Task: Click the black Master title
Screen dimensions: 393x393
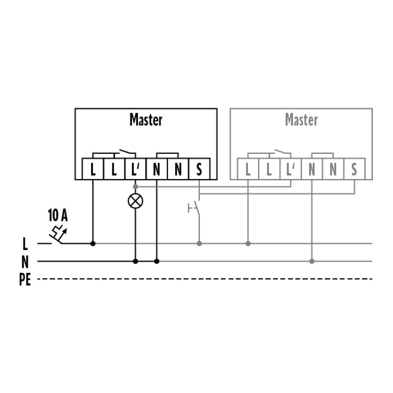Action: pyautogui.click(x=146, y=120)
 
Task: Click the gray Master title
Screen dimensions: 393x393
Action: pyautogui.click(x=301, y=120)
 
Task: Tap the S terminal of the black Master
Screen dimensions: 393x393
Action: pyautogui.click(x=199, y=169)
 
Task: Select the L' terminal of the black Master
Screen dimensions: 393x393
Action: pyautogui.click(x=135, y=169)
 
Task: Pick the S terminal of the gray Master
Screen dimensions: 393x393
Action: pyautogui.click(x=354, y=169)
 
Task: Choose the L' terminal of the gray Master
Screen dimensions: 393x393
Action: pyautogui.click(x=290, y=169)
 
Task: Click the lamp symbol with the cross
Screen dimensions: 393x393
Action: pyautogui.click(x=135, y=201)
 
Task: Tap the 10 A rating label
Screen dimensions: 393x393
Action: pyautogui.click(x=58, y=215)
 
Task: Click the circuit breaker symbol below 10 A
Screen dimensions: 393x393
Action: pyautogui.click(x=58, y=235)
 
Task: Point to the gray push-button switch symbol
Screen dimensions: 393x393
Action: pyautogui.click(x=195, y=208)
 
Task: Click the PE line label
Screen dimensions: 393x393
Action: pyautogui.click(x=25, y=279)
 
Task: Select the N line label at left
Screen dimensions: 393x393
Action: pyautogui.click(x=25, y=262)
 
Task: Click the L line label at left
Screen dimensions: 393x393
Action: pyautogui.click(x=25, y=244)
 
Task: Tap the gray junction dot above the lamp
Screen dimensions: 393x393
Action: pyautogui.click(x=135, y=187)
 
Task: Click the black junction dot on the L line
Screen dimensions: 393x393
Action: pyautogui.click(x=93, y=243)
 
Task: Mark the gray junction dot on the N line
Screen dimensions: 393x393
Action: pyautogui.click(x=312, y=261)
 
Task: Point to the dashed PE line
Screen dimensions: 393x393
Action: pyautogui.click(x=205, y=279)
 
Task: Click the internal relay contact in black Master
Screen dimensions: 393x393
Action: pyautogui.click(x=125, y=152)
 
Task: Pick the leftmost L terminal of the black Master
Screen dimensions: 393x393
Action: pyautogui.click(x=93, y=169)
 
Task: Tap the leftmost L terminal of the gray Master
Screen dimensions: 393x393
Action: pyautogui.click(x=248, y=169)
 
